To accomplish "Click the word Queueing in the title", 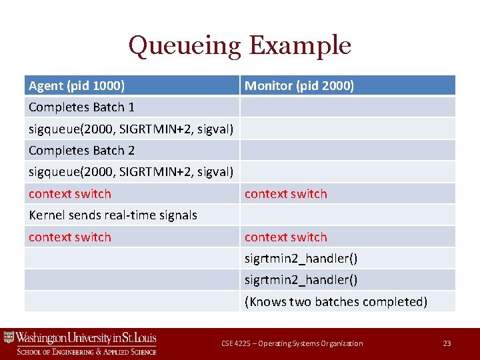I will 185,46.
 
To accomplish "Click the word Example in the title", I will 299,46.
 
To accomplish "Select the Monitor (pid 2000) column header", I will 299,85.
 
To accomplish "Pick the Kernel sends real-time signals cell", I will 113,215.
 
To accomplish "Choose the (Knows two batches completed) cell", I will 336,301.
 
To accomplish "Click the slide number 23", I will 447,343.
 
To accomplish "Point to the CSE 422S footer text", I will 292,343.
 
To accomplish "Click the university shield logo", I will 9,337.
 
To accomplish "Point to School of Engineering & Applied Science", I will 87,351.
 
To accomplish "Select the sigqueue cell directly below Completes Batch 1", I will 131,129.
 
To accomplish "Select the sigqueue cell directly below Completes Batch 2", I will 131,172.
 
